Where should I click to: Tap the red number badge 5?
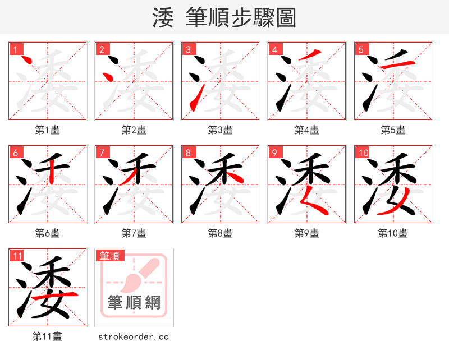[361, 49]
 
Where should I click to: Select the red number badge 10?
[363, 153]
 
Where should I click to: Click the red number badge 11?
[17, 256]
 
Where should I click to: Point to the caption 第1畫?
[48, 130]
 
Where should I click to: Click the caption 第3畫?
[221, 130]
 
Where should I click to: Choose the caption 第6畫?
[48, 233]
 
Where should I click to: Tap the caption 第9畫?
[307, 233]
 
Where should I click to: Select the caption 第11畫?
[48, 336]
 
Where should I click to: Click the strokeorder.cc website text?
[134, 336]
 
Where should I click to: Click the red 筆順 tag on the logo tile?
[109, 256]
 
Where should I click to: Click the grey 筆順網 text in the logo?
[134, 303]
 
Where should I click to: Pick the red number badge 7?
[102, 153]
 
